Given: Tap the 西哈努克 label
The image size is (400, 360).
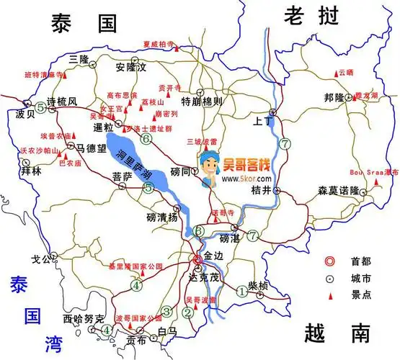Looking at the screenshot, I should (79, 317).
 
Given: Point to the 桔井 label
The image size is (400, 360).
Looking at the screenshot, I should (260, 190).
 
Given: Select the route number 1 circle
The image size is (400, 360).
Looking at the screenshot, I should (241, 292).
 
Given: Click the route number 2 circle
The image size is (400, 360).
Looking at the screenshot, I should (187, 312).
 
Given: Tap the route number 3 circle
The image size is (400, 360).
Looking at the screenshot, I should (166, 311).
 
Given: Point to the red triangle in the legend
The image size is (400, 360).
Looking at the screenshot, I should (331, 294).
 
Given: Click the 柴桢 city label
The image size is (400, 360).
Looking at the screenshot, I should (258, 286).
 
